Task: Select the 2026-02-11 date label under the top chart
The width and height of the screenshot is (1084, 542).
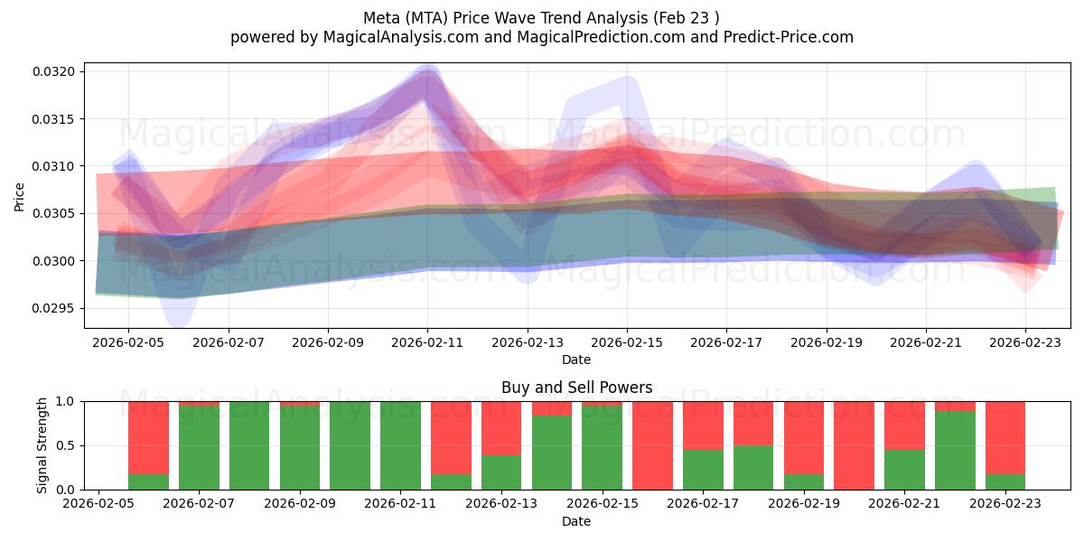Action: pos(427,342)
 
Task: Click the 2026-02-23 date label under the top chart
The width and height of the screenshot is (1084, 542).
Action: pos(1024,342)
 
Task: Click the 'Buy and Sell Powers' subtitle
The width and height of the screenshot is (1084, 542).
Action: pos(576,388)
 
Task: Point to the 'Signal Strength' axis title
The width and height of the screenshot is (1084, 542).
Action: pos(42,445)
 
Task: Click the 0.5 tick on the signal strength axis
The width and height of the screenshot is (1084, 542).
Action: pos(68,445)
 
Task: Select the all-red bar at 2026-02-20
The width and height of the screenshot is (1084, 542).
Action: pos(854,445)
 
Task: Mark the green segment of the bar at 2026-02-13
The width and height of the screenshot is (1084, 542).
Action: pos(501,472)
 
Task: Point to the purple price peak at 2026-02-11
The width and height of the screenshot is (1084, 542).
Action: pos(427,79)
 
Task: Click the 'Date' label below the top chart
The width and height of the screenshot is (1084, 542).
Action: pos(576,360)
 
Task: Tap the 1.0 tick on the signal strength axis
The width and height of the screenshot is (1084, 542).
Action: pos(68,401)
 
